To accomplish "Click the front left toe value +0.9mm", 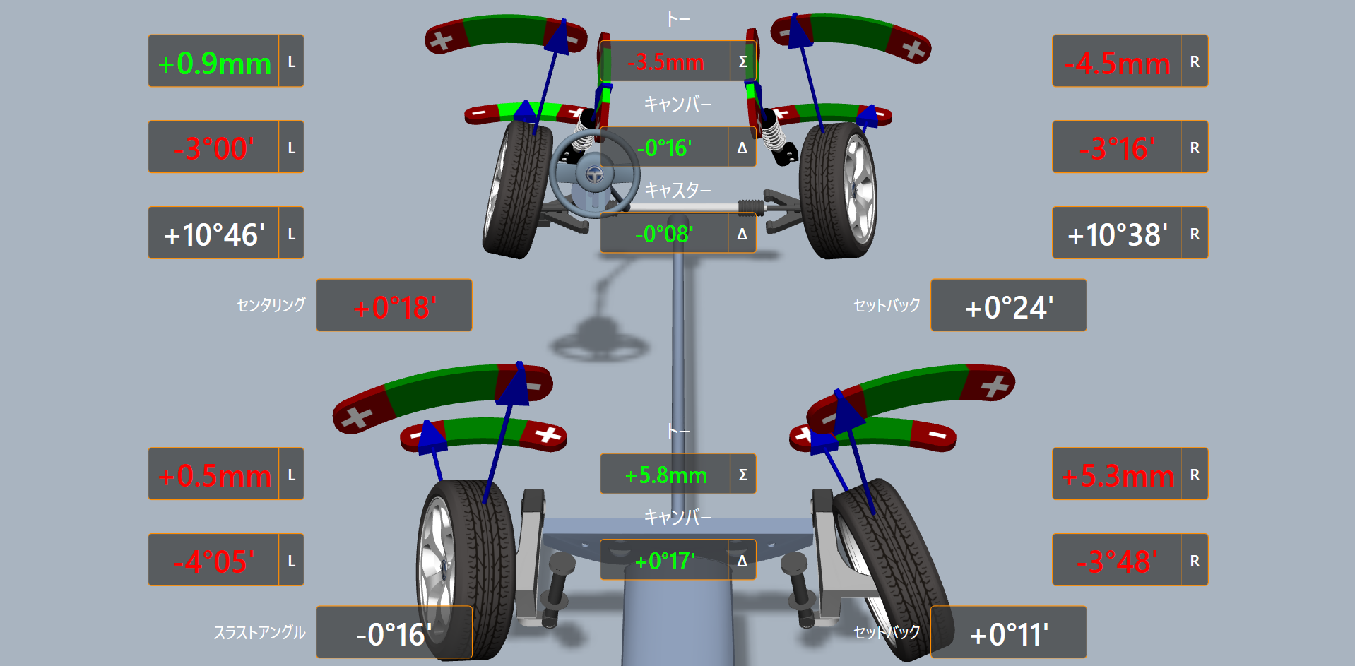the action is (x=214, y=64).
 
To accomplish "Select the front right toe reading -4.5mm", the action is (x=1117, y=64).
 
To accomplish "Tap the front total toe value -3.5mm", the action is (x=665, y=62).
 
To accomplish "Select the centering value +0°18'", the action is (x=394, y=308).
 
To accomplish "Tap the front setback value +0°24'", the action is (x=1009, y=308).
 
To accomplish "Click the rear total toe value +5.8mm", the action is (x=665, y=475).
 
